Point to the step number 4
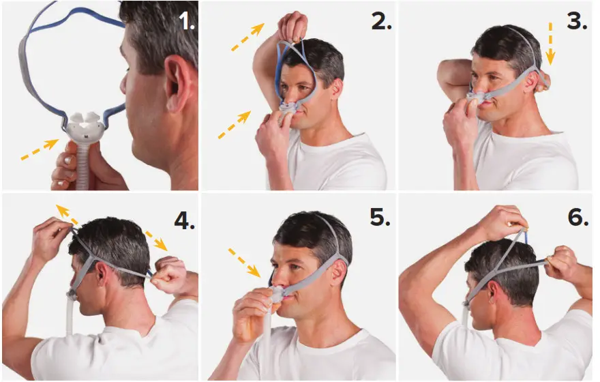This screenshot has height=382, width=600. pyautogui.click(x=183, y=220)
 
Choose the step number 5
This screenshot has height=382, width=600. pyautogui.click(x=380, y=218)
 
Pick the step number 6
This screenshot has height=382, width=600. pyautogui.click(x=576, y=218)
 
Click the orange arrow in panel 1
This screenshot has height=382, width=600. pyautogui.click(x=39, y=150)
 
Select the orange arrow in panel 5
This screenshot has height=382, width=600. pyautogui.click(x=245, y=263)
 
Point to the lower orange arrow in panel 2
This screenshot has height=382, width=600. pyautogui.click(x=234, y=125)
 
